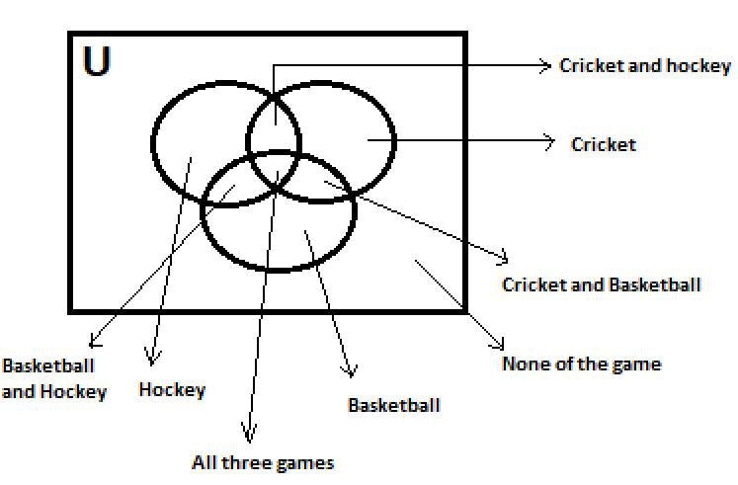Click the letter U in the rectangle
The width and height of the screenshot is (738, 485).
tap(96, 61)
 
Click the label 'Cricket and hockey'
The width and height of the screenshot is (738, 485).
tap(644, 66)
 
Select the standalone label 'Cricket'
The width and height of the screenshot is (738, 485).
tap(603, 144)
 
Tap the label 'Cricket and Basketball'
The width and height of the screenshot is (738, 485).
tap(602, 284)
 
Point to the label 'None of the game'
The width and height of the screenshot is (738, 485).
tap(581, 364)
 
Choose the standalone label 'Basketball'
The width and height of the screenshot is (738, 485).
tap(394, 405)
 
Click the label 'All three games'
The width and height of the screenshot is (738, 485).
tap(263, 461)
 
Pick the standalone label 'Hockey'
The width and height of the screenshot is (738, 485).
tap(172, 389)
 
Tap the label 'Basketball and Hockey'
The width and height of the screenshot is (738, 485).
tap(53, 378)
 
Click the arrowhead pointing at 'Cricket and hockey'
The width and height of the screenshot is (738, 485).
tap(543, 66)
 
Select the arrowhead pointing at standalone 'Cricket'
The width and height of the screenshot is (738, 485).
tap(549, 143)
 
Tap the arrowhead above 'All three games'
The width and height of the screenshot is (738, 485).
tap(249, 435)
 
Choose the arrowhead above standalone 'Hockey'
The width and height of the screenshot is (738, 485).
tap(152, 359)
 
